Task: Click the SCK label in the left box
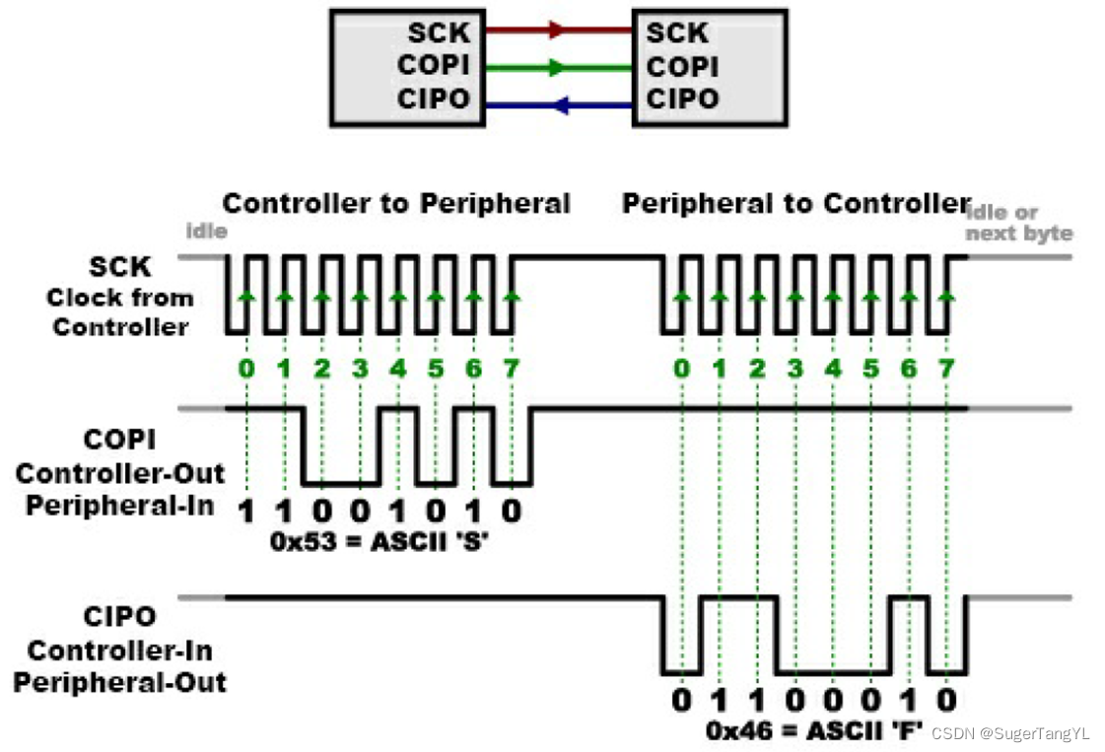pos(439,33)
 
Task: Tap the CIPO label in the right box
pos(682,99)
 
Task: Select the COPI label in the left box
pos(433,66)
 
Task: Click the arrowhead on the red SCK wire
pos(557,31)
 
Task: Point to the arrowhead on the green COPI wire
pos(557,68)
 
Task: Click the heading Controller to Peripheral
pos(396,204)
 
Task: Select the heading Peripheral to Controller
pos(796,204)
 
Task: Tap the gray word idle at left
pos(206,232)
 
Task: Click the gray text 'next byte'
pos(1018,234)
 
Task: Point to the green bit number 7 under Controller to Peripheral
pos(512,370)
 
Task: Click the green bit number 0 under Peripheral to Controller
pos(681,370)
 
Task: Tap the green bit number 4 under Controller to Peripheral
pos(397,370)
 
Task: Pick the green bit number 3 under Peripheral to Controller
pos(795,370)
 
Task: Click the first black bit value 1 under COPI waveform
pos(246,511)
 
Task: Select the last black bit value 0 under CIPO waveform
pos(946,701)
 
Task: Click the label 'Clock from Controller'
pos(119,312)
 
